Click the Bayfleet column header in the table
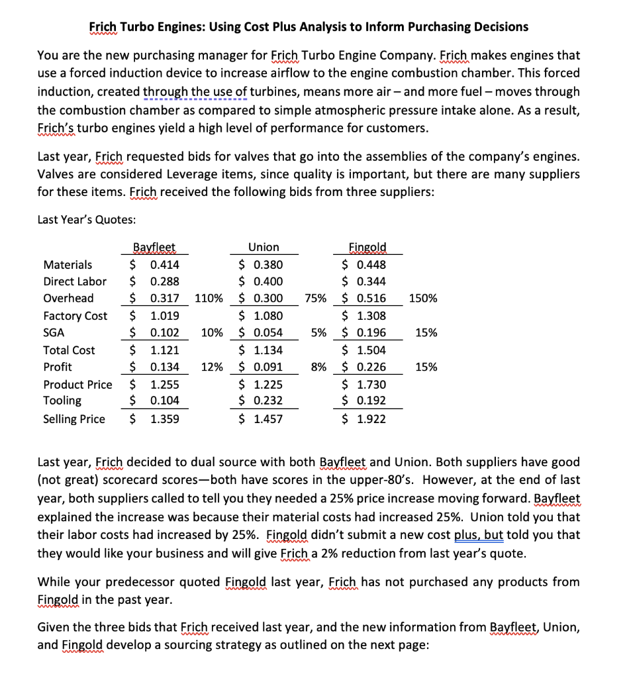153,247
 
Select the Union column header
264,247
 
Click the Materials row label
68,265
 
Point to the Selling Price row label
73,419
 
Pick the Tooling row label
62,401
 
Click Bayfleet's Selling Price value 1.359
165,419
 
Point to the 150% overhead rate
423,299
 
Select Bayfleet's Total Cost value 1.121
165,350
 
